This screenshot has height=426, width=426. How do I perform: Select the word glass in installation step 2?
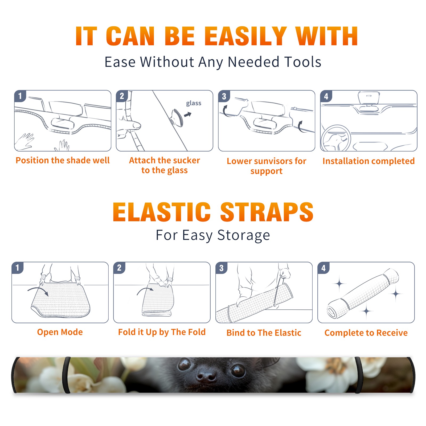click(x=194, y=103)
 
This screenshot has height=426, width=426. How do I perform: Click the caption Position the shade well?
click(x=63, y=160)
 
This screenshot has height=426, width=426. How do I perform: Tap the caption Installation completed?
click(x=368, y=161)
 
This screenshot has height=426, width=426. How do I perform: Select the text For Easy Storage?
click(x=213, y=235)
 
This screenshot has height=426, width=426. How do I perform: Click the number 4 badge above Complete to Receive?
click(x=323, y=268)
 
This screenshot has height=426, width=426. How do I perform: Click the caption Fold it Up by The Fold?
click(x=162, y=332)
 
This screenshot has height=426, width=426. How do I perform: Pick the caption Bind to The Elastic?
click(x=264, y=333)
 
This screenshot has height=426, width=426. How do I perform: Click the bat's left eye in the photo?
click(x=184, y=364)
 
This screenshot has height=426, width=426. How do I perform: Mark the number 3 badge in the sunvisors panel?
click(x=224, y=96)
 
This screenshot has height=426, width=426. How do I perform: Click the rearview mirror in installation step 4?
click(x=369, y=97)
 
